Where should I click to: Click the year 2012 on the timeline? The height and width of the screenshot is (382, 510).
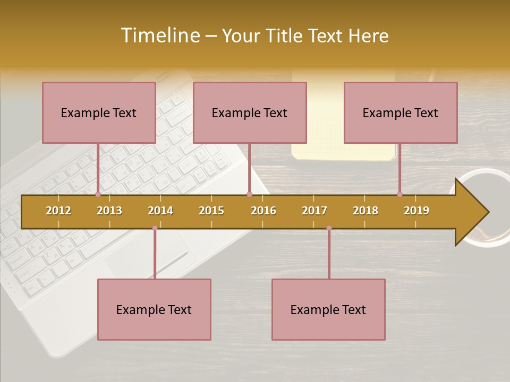[x=58, y=211]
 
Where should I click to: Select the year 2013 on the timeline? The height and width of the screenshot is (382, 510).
[x=109, y=211]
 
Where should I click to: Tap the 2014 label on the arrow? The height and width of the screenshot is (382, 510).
[x=160, y=211]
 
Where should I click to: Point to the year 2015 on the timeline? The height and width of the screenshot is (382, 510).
[x=211, y=211]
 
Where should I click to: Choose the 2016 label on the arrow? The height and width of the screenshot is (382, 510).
[x=263, y=211]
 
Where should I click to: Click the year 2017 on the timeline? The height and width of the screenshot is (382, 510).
[x=314, y=211]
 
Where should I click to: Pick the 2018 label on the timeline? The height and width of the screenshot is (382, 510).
[x=365, y=211]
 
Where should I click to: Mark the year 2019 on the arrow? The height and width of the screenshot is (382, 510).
[x=416, y=211]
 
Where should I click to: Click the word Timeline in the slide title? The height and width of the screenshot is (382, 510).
[x=159, y=36]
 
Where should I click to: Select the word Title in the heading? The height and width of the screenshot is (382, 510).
[x=285, y=36]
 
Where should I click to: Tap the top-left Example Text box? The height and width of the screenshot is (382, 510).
[x=99, y=112]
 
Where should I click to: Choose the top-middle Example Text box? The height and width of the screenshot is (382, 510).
[x=250, y=112]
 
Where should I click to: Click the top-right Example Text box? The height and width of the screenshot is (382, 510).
[x=401, y=112]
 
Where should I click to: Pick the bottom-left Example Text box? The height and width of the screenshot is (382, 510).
[x=154, y=310]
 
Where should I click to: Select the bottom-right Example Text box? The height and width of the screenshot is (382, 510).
[x=328, y=310]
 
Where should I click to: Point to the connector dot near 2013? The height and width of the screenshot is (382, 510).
[x=98, y=195]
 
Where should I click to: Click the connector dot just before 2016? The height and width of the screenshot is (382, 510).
[x=249, y=195]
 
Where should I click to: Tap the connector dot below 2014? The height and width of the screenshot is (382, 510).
[x=155, y=228]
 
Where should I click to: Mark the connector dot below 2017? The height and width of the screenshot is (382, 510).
[x=329, y=228]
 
